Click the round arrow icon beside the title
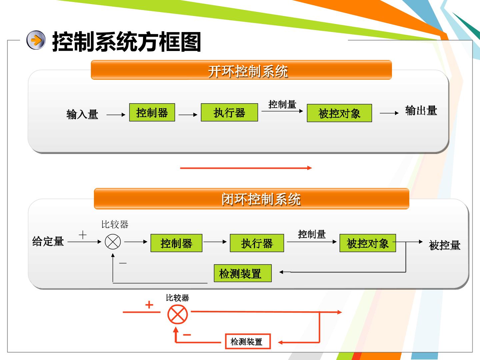[36, 40]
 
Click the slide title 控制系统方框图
[127, 42]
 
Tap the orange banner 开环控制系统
[241, 70]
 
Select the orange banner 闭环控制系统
[251, 199]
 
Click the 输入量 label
[82, 114]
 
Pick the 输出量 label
[421, 110]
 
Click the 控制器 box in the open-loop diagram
[152, 112]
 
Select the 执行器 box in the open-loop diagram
[229, 112]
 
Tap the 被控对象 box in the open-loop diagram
[339, 113]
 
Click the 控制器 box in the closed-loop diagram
[176, 243]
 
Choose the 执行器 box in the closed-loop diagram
[257, 243]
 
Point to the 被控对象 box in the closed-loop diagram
[368, 243]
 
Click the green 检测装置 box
[243, 273]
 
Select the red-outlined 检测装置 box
[248, 341]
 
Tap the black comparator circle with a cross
[113, 242]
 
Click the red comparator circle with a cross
[178, 315]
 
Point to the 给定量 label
[48, 241]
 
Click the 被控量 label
[445, 245]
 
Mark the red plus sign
[149, 304]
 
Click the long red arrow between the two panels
[246, 168]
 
